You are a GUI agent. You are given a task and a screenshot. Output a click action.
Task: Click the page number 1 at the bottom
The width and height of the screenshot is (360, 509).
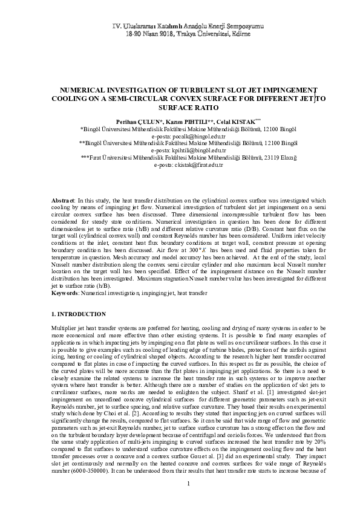pyautogui.click(x=189, y=484)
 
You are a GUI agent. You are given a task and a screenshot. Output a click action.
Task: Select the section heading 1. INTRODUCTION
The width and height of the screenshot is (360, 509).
pyautogui.click(x=79, y=314)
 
